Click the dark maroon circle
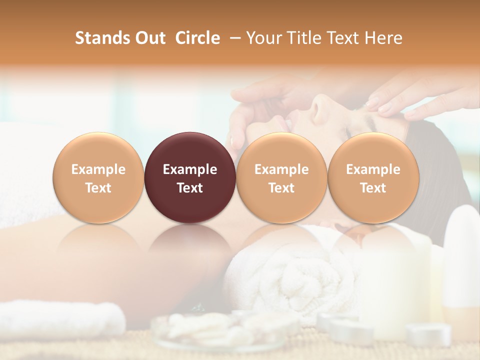tap(190, 177)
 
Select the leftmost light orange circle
tap(98, 177)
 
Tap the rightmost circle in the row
tap(373, 177)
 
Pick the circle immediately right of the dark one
tap(281, 177)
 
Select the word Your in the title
tap(263, 38)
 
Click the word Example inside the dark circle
tap(190, 169)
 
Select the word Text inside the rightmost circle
tap(373, 188)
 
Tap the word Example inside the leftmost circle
tap(98, 169)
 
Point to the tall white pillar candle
tap(395, 280)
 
